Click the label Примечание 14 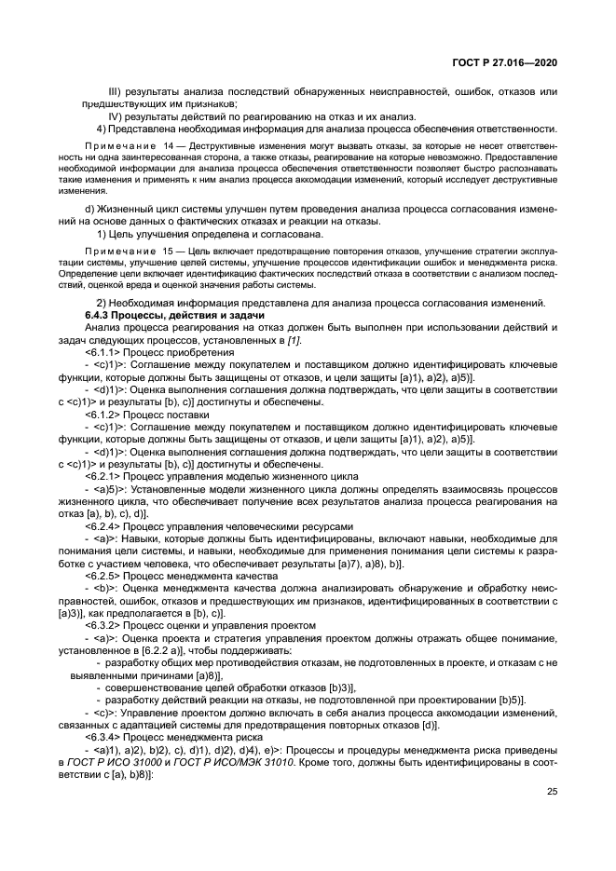coord(127,147)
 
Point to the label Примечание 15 coord(127,252)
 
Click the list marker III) coord(116,91)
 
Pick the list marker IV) coord(117,116)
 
